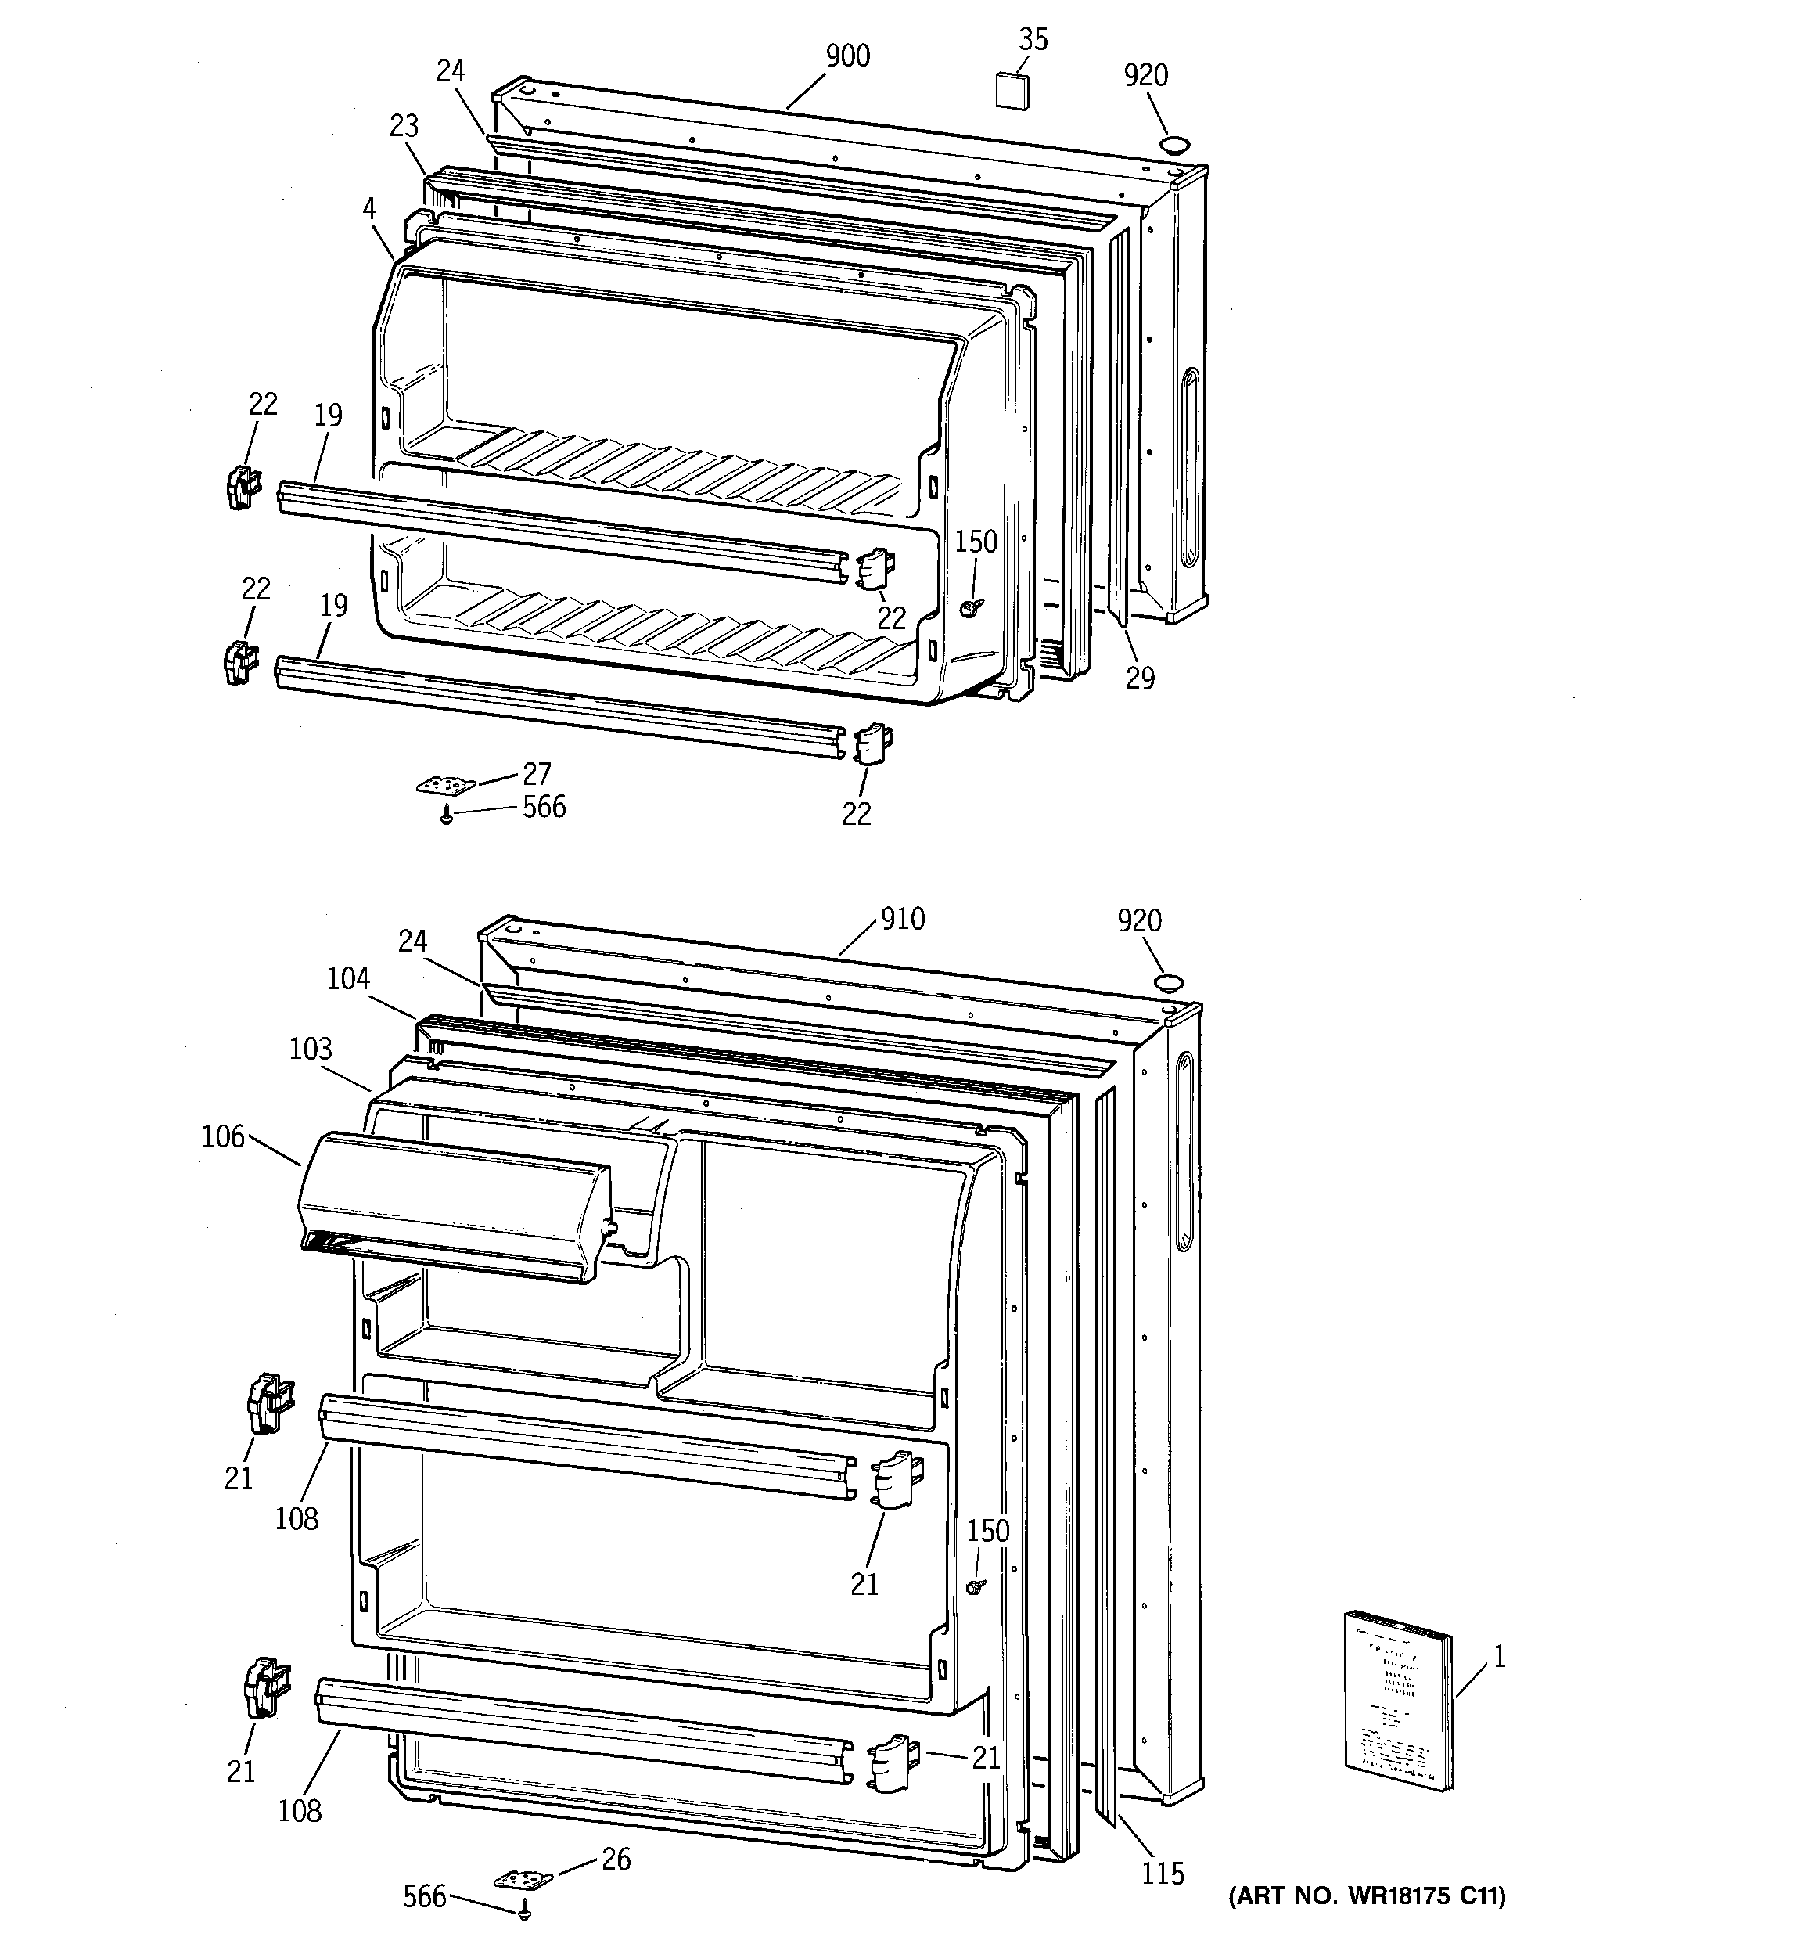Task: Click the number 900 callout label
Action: click(x=846, y=56)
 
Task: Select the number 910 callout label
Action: click(x=902, y=919)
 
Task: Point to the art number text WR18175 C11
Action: click(x=1366, y=1896)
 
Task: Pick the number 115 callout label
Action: click(x=1163, y=1873)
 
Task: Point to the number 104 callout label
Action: click(x=348, y=978)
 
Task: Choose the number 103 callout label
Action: click(x=311, y=1050)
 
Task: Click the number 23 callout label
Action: click(x=404, y=126)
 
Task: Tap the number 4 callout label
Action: click(x=369, y=208)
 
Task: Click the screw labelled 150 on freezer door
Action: click(x=969, y=607)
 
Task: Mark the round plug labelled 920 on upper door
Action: click(x=1175, y=146)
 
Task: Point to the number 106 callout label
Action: click(x=223, y=1136)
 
